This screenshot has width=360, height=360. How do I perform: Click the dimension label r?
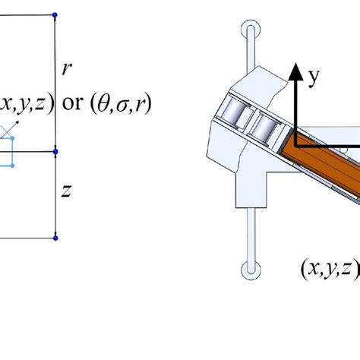(67, 69)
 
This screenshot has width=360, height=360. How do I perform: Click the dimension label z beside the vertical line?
(67, 191)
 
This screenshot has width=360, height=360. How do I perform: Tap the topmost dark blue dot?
(55, 15)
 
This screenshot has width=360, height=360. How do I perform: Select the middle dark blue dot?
(55, 152)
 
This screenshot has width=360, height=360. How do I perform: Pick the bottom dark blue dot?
(55, 238)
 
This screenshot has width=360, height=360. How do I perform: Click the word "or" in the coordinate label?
(73, 103)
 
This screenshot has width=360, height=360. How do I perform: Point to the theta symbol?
(103, 104)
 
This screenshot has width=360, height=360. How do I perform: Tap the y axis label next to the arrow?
(314, 77)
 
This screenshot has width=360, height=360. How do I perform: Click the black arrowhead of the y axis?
(295, 72)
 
